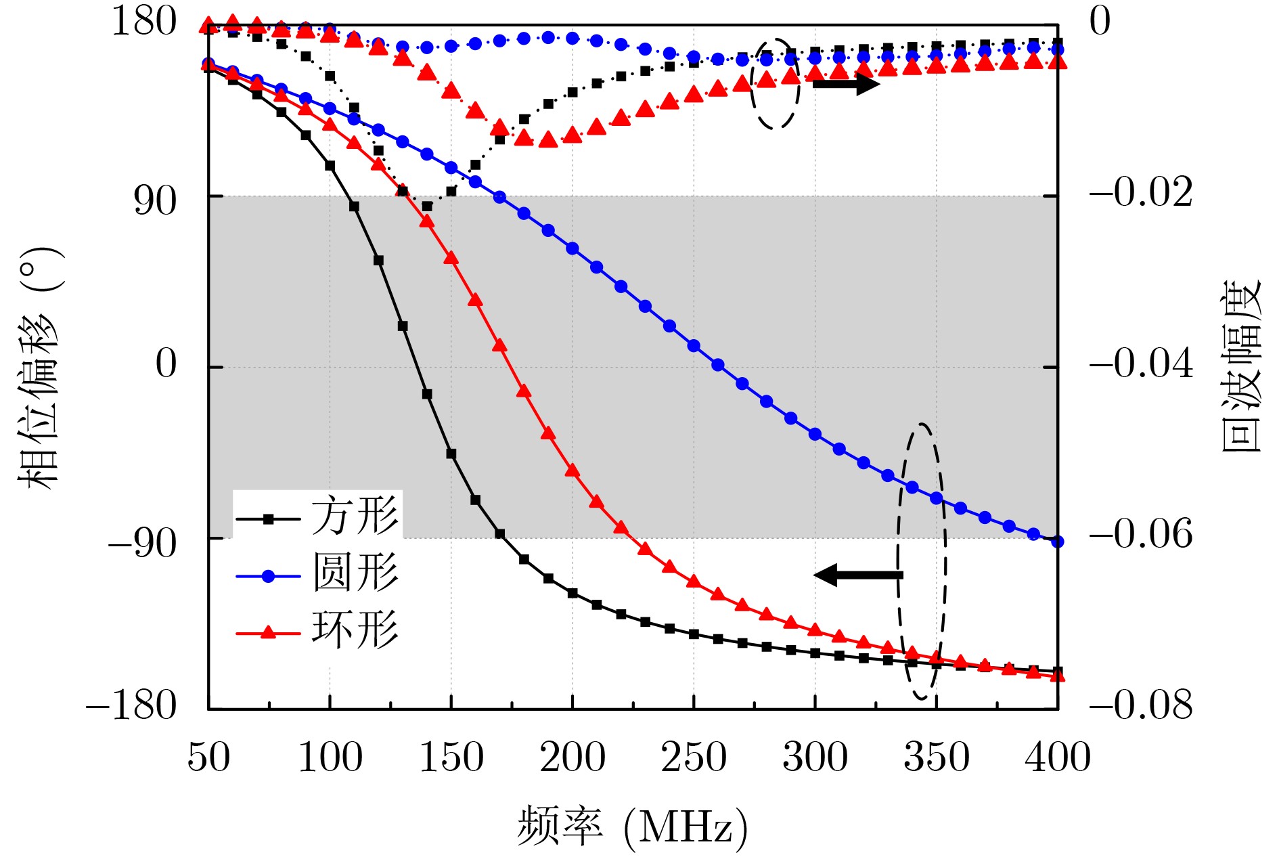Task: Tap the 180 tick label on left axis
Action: (x=143, y=22)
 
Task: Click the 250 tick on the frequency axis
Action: (x=694, y=757)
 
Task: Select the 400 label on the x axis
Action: (x=1058, y=757)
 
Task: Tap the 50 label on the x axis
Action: (x=208, y=757)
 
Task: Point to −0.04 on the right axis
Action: (x=1141, y=364)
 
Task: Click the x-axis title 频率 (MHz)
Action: (x=633, y=827)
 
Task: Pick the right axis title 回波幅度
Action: (x=1241, y=366)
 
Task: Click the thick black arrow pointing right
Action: (x=845, y=84)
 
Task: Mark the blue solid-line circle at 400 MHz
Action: (x=1058, y=542)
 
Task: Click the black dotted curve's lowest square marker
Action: (x=427, y=206)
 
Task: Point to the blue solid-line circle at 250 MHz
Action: (x=694, y=346)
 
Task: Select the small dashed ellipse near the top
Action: (x=775, y=83)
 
